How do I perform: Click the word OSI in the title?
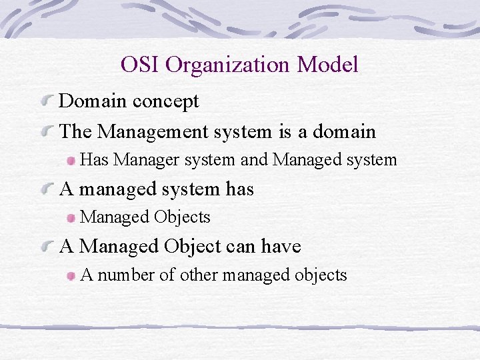pyautogui.click(x=140, y=65)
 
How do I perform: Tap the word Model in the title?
pyautogui.click(x=328, y=65)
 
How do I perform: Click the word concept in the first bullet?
pyautogui.click(x=165, y=101)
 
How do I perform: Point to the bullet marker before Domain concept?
pyautogui.click(x=47, y=101)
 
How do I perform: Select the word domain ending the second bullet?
pyautogui.click(x=344, y=131)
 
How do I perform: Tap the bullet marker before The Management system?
pyautogui.click(x=47, y=131)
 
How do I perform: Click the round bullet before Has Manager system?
pyautogui.click(x=71, y=161)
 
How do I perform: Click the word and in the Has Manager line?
pyautogui.click(x=256, y=160)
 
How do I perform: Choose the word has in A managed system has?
pyautogui.click(x=239, y=189)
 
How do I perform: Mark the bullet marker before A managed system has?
pyautogui.click(x=47, y=190)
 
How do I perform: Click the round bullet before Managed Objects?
pyautogui.click(x=71, y=218)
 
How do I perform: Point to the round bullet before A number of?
pyautogui.click(x=71, y=276)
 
